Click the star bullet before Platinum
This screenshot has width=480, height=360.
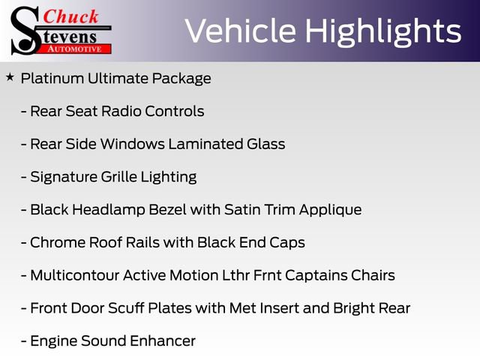(x=10, y=76)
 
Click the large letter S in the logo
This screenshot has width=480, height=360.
(x=24, y=30)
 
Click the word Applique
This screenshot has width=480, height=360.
(x=330, y=210)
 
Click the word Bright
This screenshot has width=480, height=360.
(x=352, y=308)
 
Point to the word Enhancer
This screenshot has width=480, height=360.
(x=163, y=341)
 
